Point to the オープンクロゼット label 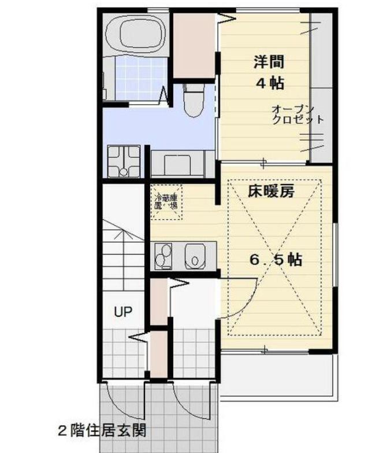coord(296,115)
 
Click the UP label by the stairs coord(122,312)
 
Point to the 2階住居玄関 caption coord(101,431)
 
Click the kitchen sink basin coord(196,256)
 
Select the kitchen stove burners coord(163,255)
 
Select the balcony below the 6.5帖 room coord(276,376)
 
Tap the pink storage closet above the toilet coord(194,45)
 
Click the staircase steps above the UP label coord(122,255)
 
